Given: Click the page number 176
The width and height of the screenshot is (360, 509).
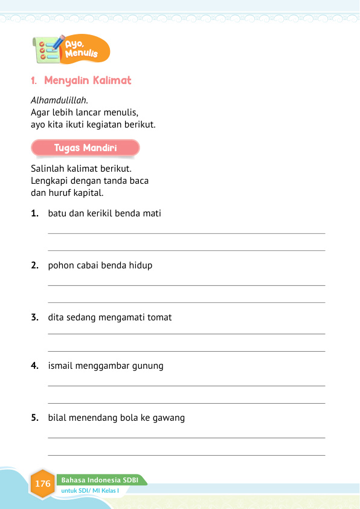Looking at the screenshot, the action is [43, 484].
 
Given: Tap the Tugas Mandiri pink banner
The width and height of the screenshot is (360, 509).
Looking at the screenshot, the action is [85, 148].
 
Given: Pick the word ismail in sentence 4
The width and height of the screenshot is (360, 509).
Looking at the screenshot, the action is [61, 366].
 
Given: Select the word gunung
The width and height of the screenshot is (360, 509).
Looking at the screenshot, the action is [147, 366].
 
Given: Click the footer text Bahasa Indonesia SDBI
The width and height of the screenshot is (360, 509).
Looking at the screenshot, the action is [100, 480].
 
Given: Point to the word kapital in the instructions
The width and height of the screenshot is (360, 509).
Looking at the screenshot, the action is [89, 193].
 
